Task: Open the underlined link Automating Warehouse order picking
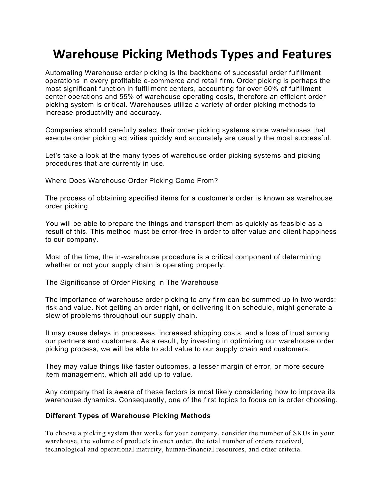[x=106, y=73]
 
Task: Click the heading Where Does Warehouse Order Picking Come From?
[x=131, y=181]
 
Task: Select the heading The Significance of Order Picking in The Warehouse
[x=132, y=282]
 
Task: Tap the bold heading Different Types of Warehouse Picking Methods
[x=128, y=416]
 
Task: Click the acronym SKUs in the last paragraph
[x=302, y=433]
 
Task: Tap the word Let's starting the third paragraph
[x=53, y=155]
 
